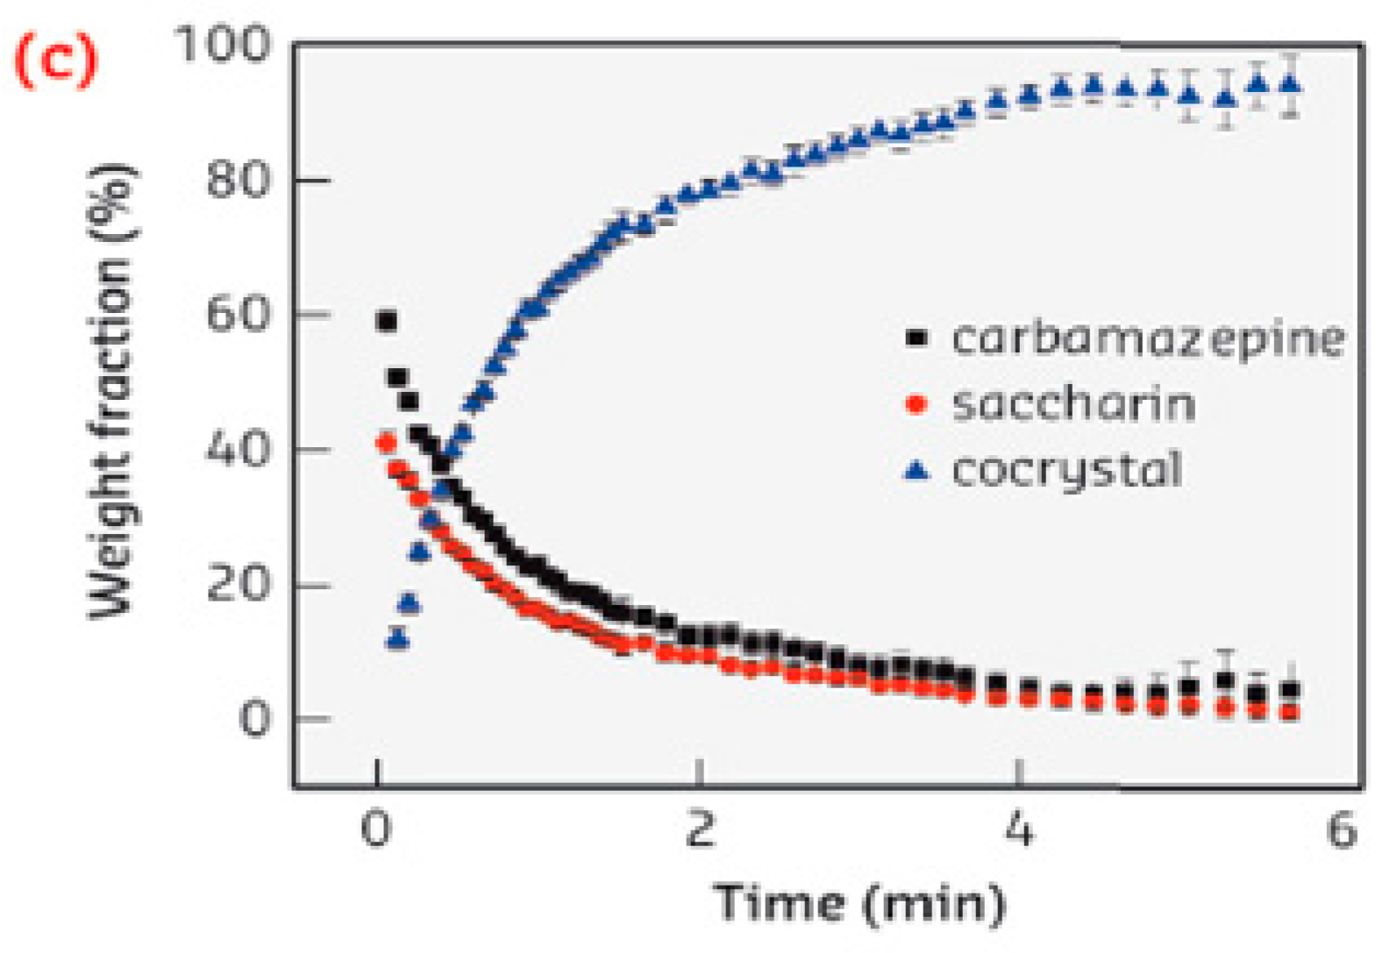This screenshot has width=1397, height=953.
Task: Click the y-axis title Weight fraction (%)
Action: [x=111, y=390]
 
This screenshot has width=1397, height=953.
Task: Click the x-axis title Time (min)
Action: [x=859, y=904]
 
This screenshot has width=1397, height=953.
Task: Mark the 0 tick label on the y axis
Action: [x=255, y=719]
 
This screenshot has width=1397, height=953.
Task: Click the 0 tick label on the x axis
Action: [x=376, y=829]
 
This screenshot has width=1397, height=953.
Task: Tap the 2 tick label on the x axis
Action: [x=699, y=829]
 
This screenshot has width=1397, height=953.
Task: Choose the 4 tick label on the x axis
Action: [x=1018, y=829]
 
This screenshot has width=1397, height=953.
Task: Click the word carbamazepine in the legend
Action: [x=1147, y=338]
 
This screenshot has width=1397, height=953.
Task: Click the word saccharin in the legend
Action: [x=1073, y=404]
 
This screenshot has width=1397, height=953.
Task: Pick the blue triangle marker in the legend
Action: [x=916, y=471]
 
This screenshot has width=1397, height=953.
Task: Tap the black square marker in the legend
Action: [x=916, y=338]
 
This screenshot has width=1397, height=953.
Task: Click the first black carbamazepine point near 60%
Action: [x=387, y=322]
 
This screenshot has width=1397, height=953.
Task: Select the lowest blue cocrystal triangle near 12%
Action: [x=397, y=639]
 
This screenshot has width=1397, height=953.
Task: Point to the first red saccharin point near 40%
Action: [x=386, y=443]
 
